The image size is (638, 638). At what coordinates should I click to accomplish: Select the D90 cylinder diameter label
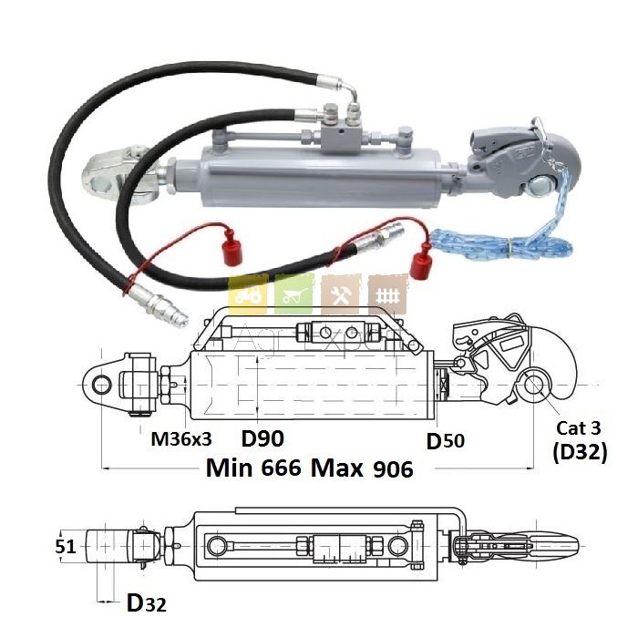coord(263,437)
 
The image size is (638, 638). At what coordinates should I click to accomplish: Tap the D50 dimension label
coord(446,441)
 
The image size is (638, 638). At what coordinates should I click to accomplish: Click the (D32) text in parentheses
coord(580,452)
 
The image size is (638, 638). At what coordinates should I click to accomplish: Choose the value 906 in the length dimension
coord(393,468)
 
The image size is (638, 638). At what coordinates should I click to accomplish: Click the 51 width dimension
coord(67,547)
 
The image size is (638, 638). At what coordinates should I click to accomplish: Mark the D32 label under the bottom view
coord(146,602)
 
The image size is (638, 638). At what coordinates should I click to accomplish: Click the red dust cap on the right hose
coord(420,263)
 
